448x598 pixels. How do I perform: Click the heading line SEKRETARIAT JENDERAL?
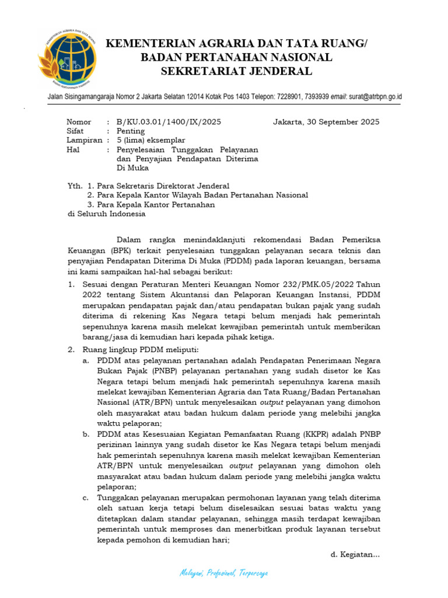236,71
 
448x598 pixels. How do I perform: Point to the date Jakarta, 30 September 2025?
325,122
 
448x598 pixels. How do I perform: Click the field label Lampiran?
84,141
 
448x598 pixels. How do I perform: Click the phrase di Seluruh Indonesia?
106,214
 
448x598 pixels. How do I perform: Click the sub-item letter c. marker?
85,497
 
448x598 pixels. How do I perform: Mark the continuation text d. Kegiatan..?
355,554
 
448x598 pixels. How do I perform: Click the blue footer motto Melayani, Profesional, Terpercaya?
224,574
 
